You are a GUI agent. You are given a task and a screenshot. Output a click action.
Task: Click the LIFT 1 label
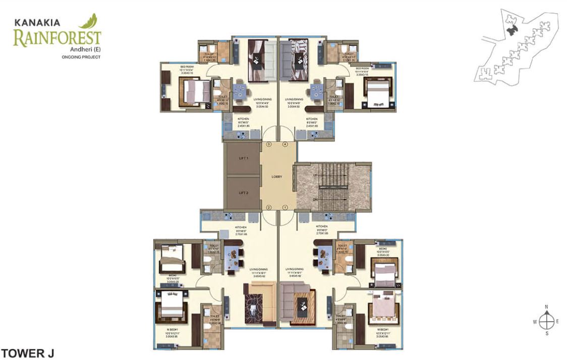(x=244, y=158)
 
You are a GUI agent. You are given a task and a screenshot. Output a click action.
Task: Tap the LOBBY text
(x=276, y=176)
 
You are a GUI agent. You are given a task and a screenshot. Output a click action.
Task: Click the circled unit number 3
(x=269, y=144)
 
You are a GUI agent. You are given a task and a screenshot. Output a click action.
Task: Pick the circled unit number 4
(x=285, y=144)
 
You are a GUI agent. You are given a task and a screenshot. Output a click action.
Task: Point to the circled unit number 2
(x=269, y=207)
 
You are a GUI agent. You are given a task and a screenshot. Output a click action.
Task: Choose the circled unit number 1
(x=285, y=207)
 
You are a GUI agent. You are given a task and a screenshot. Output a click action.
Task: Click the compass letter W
(x=535, y=321)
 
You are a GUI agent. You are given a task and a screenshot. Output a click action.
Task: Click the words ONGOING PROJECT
(x=81, y=57)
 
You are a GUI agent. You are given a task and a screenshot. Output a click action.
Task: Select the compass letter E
(x=557, y=321)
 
